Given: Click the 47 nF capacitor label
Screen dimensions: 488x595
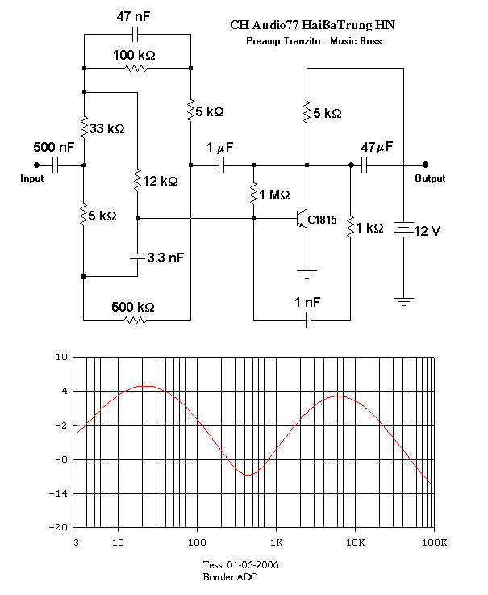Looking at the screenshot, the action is (133, 17).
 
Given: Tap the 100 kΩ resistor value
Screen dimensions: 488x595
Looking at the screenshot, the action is (134, 56).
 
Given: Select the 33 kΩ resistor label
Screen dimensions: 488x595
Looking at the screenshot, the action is (107, 128).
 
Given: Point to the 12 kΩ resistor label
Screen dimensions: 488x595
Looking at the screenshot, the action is (161, 181).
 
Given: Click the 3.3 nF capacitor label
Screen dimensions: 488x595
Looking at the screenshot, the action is (165, 258).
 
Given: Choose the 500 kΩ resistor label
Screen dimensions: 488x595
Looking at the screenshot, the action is (133, 307).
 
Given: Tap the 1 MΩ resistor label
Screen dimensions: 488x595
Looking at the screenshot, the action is (274, 195).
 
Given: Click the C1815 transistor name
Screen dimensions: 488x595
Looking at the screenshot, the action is (322, 220).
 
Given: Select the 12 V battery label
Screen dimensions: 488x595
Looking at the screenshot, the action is (427, 231).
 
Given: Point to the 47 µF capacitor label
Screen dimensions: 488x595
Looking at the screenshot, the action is (377, 147).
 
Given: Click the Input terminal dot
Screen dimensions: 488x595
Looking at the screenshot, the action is (37, 165).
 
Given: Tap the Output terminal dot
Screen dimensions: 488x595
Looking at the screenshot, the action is (425, 165).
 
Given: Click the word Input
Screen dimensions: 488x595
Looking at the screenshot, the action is (31, 178).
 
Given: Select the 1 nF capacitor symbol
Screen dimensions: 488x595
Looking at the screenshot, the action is (309, 320).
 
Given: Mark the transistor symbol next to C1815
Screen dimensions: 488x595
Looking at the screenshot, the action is (302, 219).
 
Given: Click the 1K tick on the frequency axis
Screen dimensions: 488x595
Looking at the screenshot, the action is (277, 543).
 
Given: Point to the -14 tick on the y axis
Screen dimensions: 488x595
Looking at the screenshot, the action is (58, 494).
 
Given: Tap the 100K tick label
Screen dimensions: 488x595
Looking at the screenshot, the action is (435, 543).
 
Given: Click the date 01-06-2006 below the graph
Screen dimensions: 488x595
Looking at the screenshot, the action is (252, 565).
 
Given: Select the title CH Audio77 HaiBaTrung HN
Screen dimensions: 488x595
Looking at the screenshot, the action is (312, 25).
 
